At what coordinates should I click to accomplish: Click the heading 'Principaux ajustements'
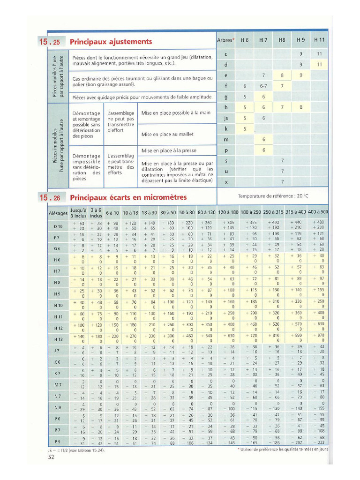[x=111, y=42]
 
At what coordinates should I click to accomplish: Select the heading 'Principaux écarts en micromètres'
[x=128, y=197]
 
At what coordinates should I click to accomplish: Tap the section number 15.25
[x=50, y=42]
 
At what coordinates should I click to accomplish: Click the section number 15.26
[x=50, y=197]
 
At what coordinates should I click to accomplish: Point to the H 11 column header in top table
[x=319, y=40]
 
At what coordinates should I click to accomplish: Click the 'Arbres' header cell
[x=226, y=40]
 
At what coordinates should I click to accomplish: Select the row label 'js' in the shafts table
[x=226, y=118]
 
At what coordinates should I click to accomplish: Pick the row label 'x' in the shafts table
[x=226, y=182]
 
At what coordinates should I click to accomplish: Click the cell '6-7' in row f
[x=263, y=86]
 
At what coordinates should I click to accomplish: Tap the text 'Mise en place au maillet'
[x=167, y=134]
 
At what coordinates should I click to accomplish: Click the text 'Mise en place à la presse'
[x=169, y=150]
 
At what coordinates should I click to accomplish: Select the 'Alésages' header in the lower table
[x=58, y=213]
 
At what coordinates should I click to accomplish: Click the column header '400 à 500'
[x=318, y=212]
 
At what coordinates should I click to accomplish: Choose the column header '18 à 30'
[x=150, y=213]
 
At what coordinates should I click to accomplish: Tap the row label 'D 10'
[x=58, y=226]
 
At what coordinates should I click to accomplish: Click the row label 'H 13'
[x=58, y=339]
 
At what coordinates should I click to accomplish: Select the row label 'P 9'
[x=58, y=441]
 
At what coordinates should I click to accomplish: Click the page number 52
[x=51, y=457]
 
